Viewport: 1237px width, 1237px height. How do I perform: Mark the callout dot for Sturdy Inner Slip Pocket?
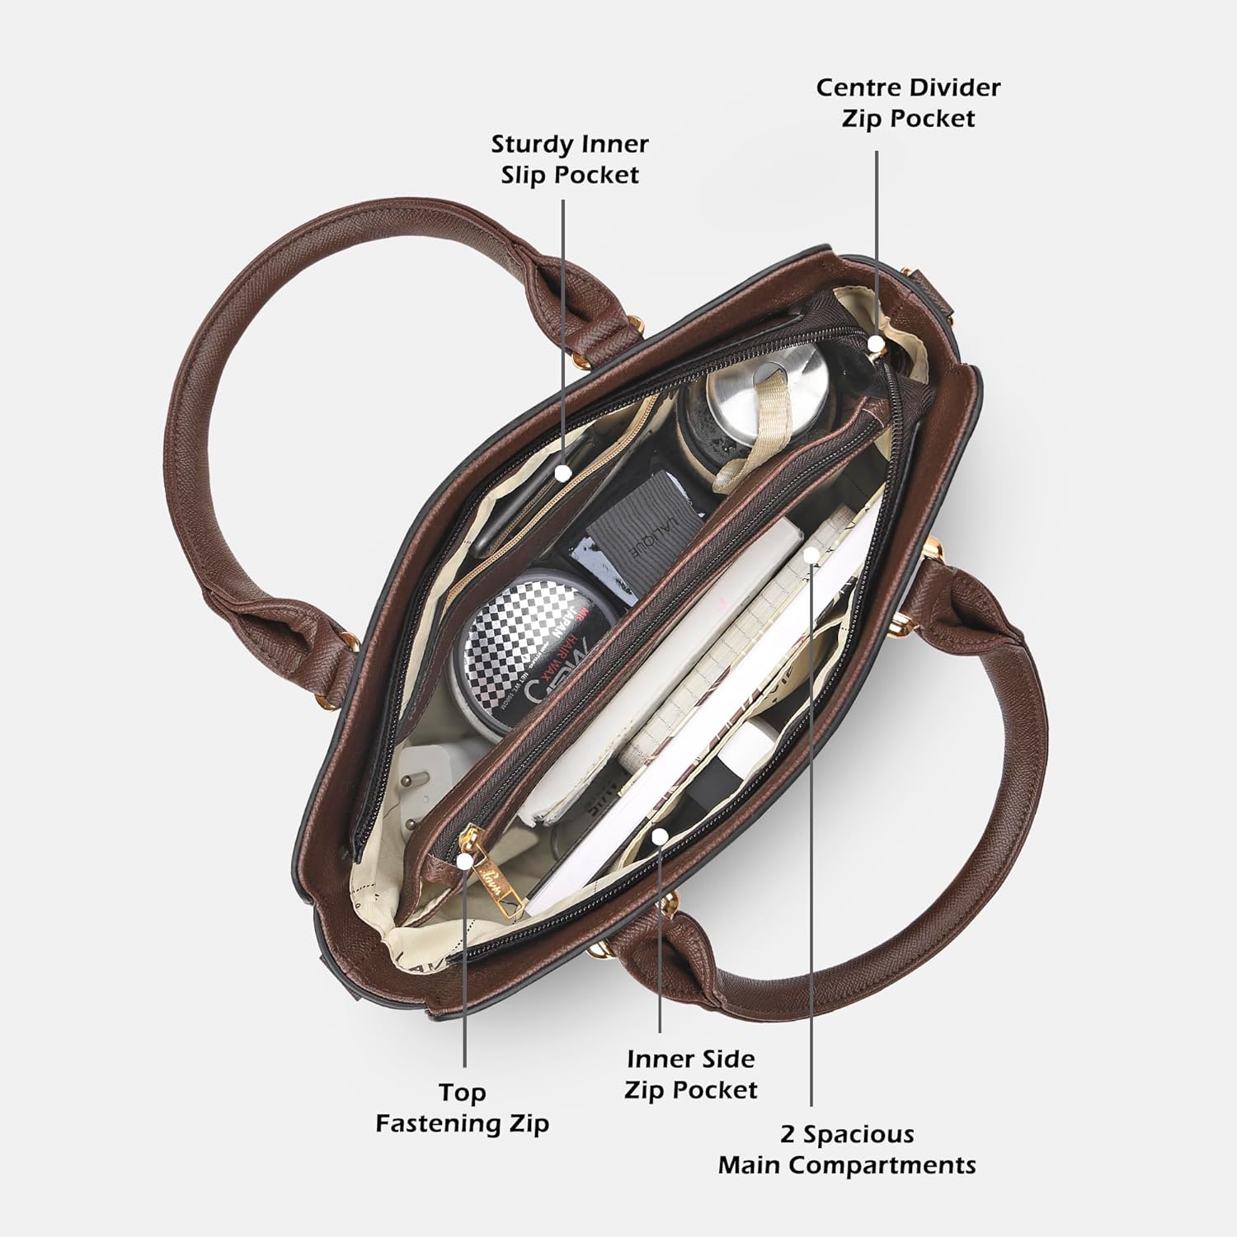[x=563, y=473]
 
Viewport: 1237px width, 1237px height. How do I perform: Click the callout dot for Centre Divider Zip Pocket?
[x=876, y=342]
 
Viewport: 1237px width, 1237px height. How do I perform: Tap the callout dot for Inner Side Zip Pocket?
[x=659, y=837]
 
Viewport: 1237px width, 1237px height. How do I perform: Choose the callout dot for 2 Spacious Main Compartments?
[x=812, y=554]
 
